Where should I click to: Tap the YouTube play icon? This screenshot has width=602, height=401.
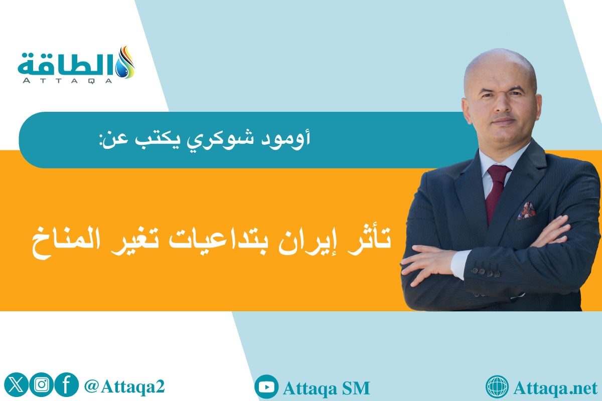click(266, 387)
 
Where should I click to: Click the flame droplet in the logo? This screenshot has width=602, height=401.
click(126, 62)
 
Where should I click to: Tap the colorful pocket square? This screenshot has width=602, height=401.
click(526, 211)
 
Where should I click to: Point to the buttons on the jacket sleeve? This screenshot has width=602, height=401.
click(485, 273)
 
